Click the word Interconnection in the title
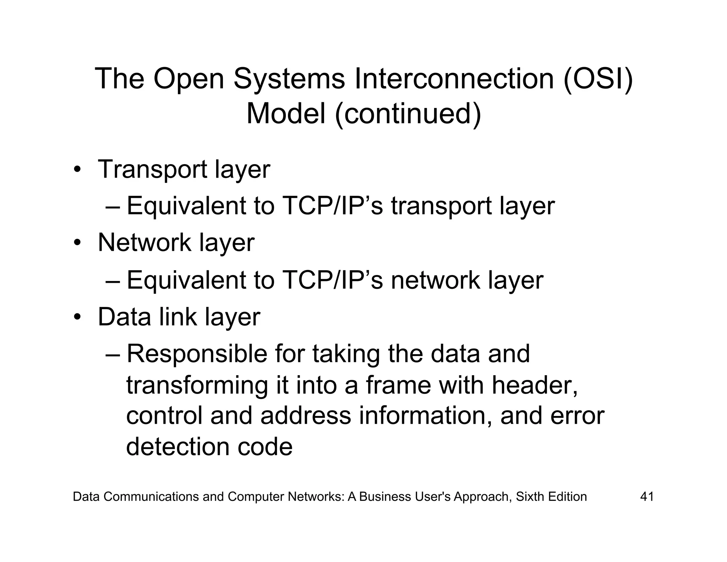pos(454,79)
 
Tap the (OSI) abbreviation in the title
pos(598,79)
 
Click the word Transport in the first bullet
pos(152,170)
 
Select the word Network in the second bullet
pos(144,243)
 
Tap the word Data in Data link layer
pos(124,317)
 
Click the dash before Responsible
pos(113,355)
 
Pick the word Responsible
pos(197,355)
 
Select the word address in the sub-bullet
pos(306,416)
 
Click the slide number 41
pos(647,497)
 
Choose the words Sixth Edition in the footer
pos(551,497)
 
